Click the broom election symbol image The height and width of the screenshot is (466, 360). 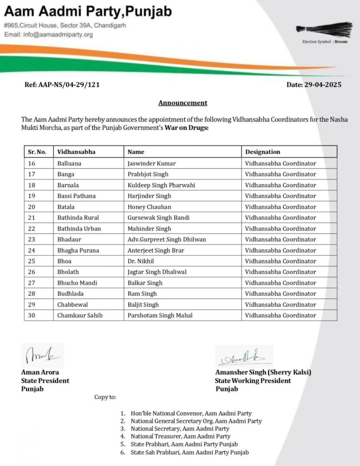pyautogui.click(x=325, y=29)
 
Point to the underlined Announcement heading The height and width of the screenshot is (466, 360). pyautogui.click(x=183, y=103)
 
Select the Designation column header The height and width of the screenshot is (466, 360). pyautogui.click(x=263, y=152)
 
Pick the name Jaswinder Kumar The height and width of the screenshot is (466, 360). pyautogui.click(x=152, y=163)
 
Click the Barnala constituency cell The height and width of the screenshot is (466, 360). pyautogui.click(x=69, y=185)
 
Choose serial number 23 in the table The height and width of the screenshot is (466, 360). pyautogui.click(x=32, y=239)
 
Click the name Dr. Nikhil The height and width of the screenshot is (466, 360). pyautogui.click(x=141, y=261)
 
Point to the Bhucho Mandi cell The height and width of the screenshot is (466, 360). pyautogui.click(x=77, y=283)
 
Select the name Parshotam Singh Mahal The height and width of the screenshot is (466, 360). pyautogui.click(x=160, y=315)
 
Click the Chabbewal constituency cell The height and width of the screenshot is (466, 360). pyautogui.click(x=73, y=304)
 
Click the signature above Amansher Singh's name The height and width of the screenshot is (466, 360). pyautogui.click(x=244, y=356)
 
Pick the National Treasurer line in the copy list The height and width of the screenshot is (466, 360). pyautogui.click(x=180, y=436)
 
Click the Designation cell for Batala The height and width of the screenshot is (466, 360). pyautogui.click(x=280, y=207)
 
